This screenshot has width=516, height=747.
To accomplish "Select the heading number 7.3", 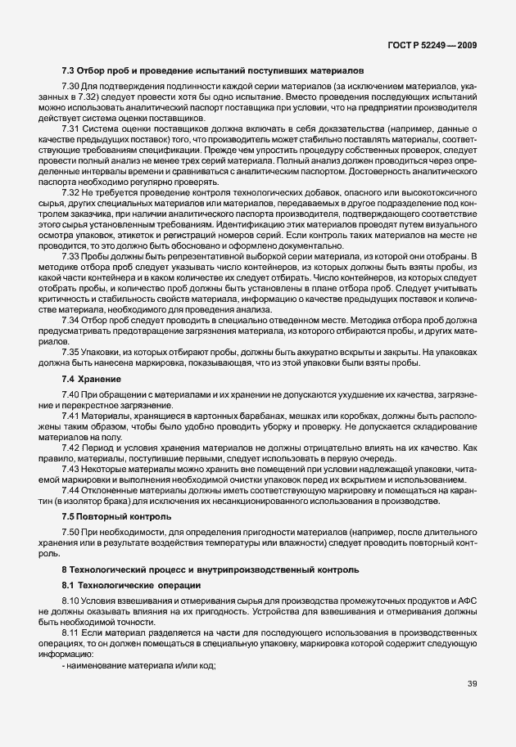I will (69, 71).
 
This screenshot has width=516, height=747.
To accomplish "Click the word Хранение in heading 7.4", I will (102, 380).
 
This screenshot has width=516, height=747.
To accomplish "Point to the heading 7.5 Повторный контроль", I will (116, 516).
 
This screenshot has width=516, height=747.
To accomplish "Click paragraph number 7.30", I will (70, 88).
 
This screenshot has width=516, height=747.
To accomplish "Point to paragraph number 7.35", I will (70, 351).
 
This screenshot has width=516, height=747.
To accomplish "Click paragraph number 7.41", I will (70, 416).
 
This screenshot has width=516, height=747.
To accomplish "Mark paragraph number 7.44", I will (70, 488).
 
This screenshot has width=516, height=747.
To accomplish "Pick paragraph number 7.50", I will (70, 533).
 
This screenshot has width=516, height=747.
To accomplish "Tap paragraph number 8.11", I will (70, 633).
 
